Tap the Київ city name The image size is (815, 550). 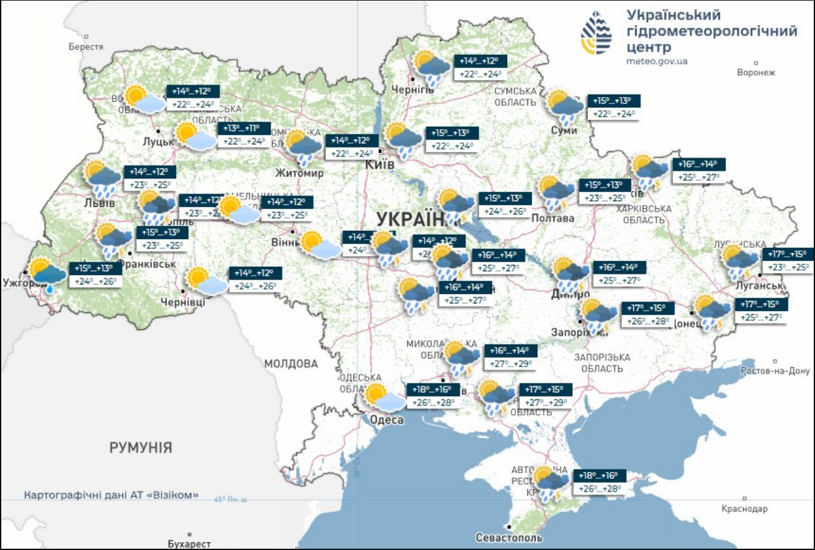(380, 164)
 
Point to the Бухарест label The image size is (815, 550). (189, 543)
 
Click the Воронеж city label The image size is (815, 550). (755, 73)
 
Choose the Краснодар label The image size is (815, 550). (746, 508)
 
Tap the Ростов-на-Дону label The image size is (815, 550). (775, 371)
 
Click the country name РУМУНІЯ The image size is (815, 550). (141, 448)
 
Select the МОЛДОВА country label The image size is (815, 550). (291, 364)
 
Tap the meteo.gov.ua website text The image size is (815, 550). (657, 61)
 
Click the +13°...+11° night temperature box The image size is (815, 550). (244, 129)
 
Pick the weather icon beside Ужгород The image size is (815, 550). (48, 274)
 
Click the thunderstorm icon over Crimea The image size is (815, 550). (550, 483)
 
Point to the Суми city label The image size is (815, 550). (564, 129)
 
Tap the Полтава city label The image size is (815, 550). (553, 218)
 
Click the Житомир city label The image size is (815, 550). (299, 173)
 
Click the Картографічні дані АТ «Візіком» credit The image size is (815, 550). (111, 494)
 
